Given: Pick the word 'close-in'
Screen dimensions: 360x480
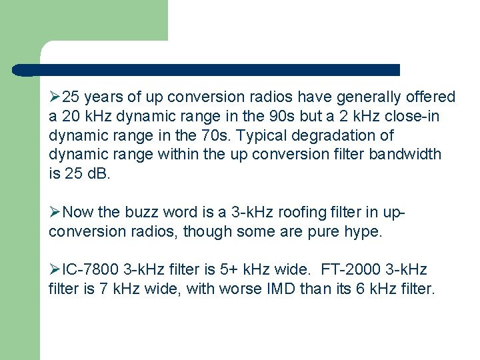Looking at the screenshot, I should tap(417, 117).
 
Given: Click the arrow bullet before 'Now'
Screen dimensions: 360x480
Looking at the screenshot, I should tap(55, 213).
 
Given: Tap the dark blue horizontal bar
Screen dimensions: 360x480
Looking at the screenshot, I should tap(207, 70).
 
